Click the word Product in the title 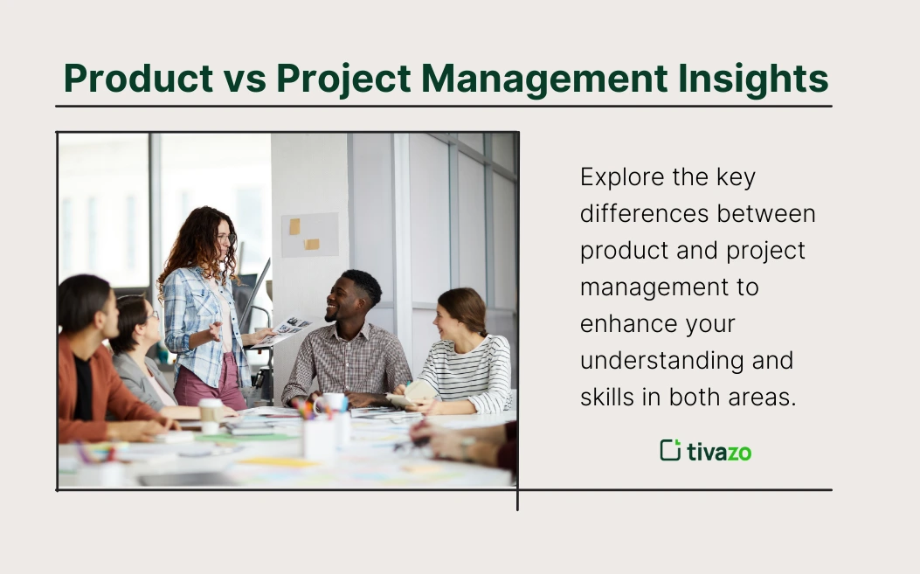pyautogui.click(x=138, y=79)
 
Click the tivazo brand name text pyautogui.click(x=719, y=452)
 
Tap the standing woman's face pyautogui.click(x=223, y=238)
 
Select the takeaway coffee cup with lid pyautogui.click(x=210, y=413)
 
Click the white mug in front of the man pyautogui.click(x=334, y=403)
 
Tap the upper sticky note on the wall pyautogui.click(x=294, y=226)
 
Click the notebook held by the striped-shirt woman pyautogui.click(x=413, y=391)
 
